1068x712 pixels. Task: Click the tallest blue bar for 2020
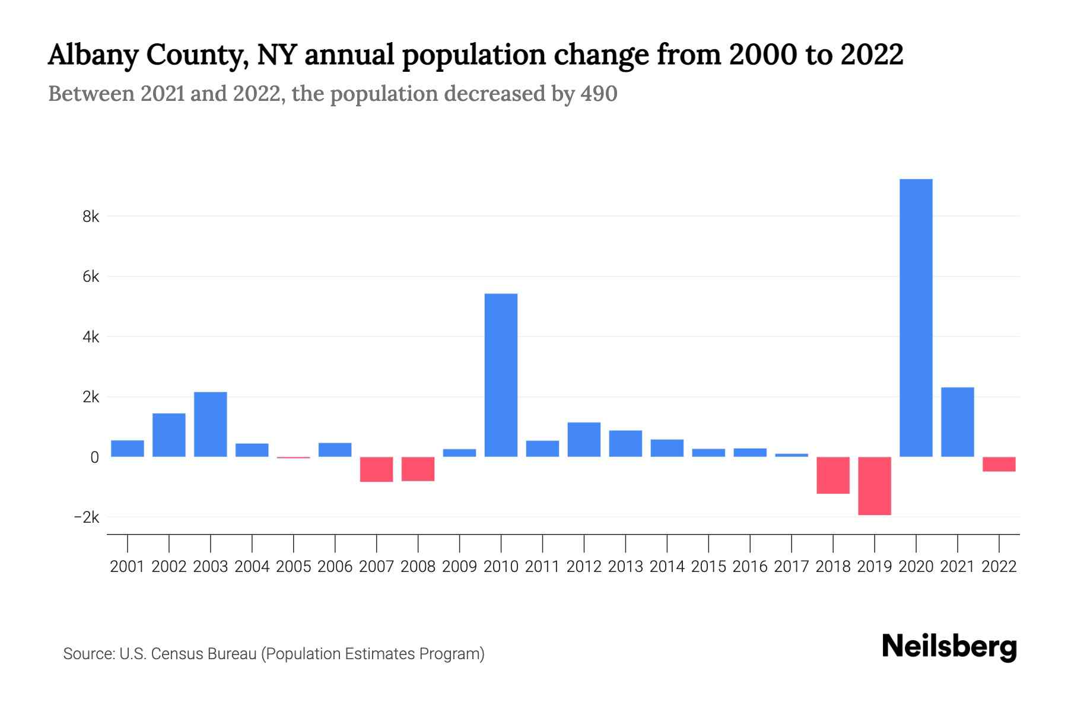click(916, 317)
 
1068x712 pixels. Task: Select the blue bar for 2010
click(501, 375)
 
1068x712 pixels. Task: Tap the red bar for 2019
click(874, 485)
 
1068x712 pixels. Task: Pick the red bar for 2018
click(832, 475)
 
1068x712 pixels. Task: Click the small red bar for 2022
click(999, 464)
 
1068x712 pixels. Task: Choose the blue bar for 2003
click(210, 424)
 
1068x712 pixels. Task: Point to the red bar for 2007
click(376, 469)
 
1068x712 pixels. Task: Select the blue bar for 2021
click(957, 422)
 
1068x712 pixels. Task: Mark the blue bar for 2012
click(584, 439)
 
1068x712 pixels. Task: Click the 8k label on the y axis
click(91, 217)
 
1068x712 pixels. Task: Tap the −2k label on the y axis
click(87, 517)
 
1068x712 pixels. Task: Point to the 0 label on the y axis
click(94, 457)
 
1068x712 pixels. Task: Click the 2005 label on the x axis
click(293, 567)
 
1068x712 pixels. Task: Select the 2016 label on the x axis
click(749, 567)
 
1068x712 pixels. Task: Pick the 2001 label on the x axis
click(127, 567)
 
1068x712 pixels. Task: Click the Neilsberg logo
click(949, 647)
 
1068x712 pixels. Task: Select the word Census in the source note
click(175, 654)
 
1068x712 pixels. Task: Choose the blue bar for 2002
click(169, 435)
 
